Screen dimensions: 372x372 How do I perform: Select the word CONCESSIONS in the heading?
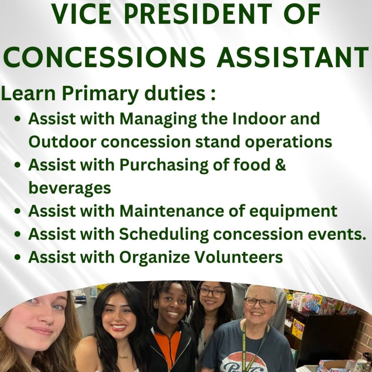point(104,57)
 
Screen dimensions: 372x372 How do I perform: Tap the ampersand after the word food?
point(281,165)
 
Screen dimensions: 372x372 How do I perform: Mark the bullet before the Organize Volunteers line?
point(17,258)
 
